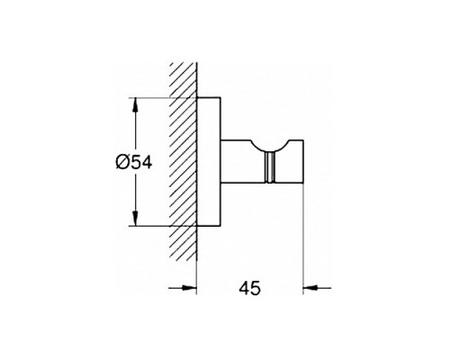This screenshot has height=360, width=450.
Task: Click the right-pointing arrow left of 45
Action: tap(186, 288)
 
